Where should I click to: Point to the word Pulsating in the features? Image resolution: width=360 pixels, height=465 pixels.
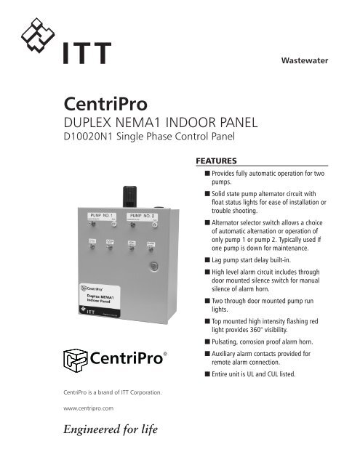[220, 339]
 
